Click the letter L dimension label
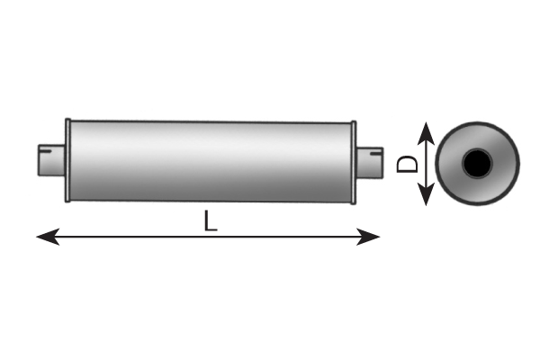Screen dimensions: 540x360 211,220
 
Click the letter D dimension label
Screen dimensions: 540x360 407,164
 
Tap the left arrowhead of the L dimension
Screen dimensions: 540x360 48,237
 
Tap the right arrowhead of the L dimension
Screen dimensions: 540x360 368,237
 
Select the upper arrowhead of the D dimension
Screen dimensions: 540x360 426,133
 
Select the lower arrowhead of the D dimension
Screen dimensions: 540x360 426,194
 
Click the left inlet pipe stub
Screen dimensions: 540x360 51,160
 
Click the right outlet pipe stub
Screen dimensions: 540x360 369,163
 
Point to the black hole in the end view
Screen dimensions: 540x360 477,164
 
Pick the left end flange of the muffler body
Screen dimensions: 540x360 67,160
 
